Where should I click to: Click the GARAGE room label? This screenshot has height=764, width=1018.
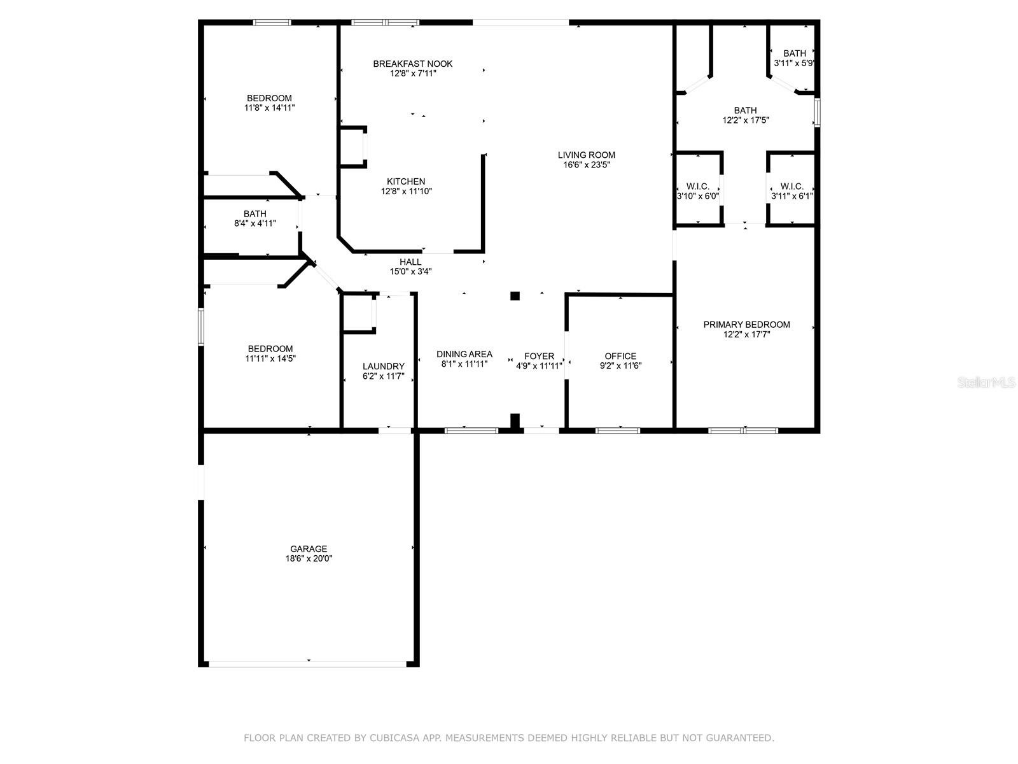point(309,549)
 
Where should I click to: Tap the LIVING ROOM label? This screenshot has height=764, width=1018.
point(586,155)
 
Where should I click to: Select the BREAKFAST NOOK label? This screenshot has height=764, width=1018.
point(413,64)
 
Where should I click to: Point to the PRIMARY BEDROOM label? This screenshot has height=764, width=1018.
point(746,325)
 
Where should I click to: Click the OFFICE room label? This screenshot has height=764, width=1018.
point(620,356)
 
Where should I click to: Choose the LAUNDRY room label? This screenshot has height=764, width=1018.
point(384,367)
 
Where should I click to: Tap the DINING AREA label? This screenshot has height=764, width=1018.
point(464,355)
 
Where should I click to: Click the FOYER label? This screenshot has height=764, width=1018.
point(539,357)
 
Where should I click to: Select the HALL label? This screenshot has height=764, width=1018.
point(410,262)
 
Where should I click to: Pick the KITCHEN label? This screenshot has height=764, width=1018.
point(406,181)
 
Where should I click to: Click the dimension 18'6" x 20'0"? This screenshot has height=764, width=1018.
point(309,558)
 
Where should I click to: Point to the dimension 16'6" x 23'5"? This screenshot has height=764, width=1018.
point(586,165)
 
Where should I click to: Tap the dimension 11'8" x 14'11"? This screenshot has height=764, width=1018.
point(270,108)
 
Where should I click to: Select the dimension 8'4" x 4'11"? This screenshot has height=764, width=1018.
point(254,223)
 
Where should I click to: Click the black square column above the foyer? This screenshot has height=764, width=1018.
point(515,296)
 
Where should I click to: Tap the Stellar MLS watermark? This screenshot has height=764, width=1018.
point(986,382)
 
